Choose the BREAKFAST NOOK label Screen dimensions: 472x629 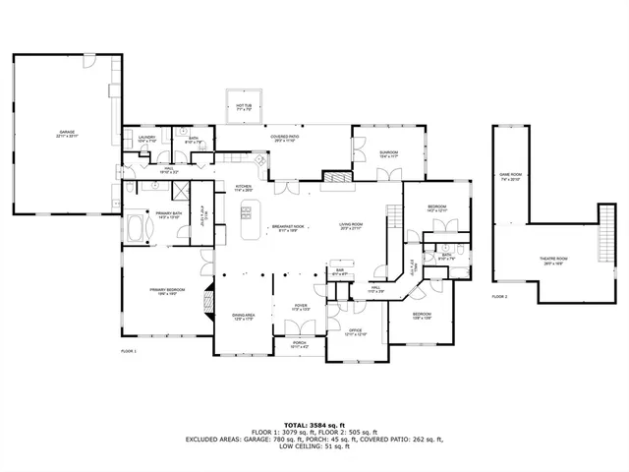click(287, 227)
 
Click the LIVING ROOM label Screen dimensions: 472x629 click(352, 227)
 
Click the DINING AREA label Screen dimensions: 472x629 click(244, 316)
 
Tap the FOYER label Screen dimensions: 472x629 click(302, 307)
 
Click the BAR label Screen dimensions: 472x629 click(339, 272)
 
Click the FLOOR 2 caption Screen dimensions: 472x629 click(499, 296)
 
